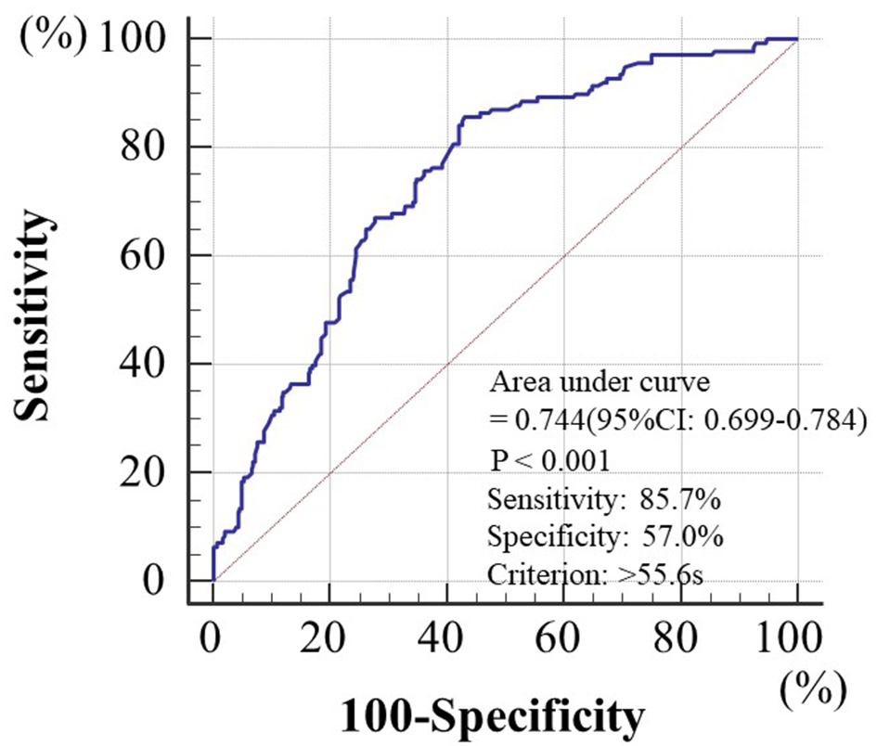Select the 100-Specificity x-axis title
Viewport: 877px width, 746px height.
(x=492, y=716)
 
